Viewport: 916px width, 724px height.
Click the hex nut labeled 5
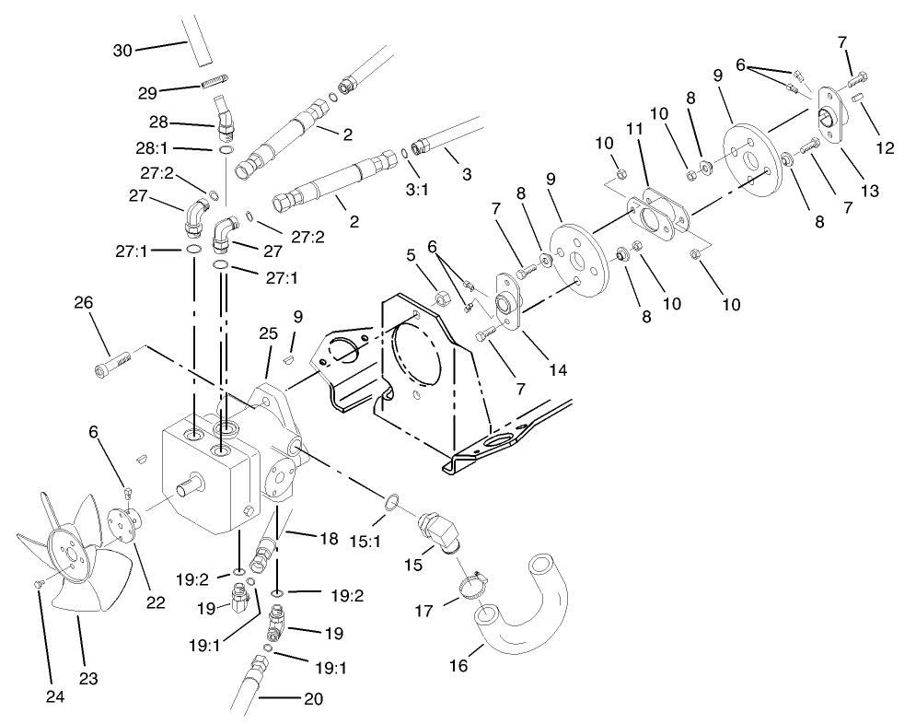click(x=441, y=298)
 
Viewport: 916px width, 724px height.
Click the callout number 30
click(x=123, y=52)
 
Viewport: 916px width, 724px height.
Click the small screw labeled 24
click(x=39, y=583)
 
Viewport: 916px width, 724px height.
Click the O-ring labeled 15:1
click(x=391, y=502)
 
